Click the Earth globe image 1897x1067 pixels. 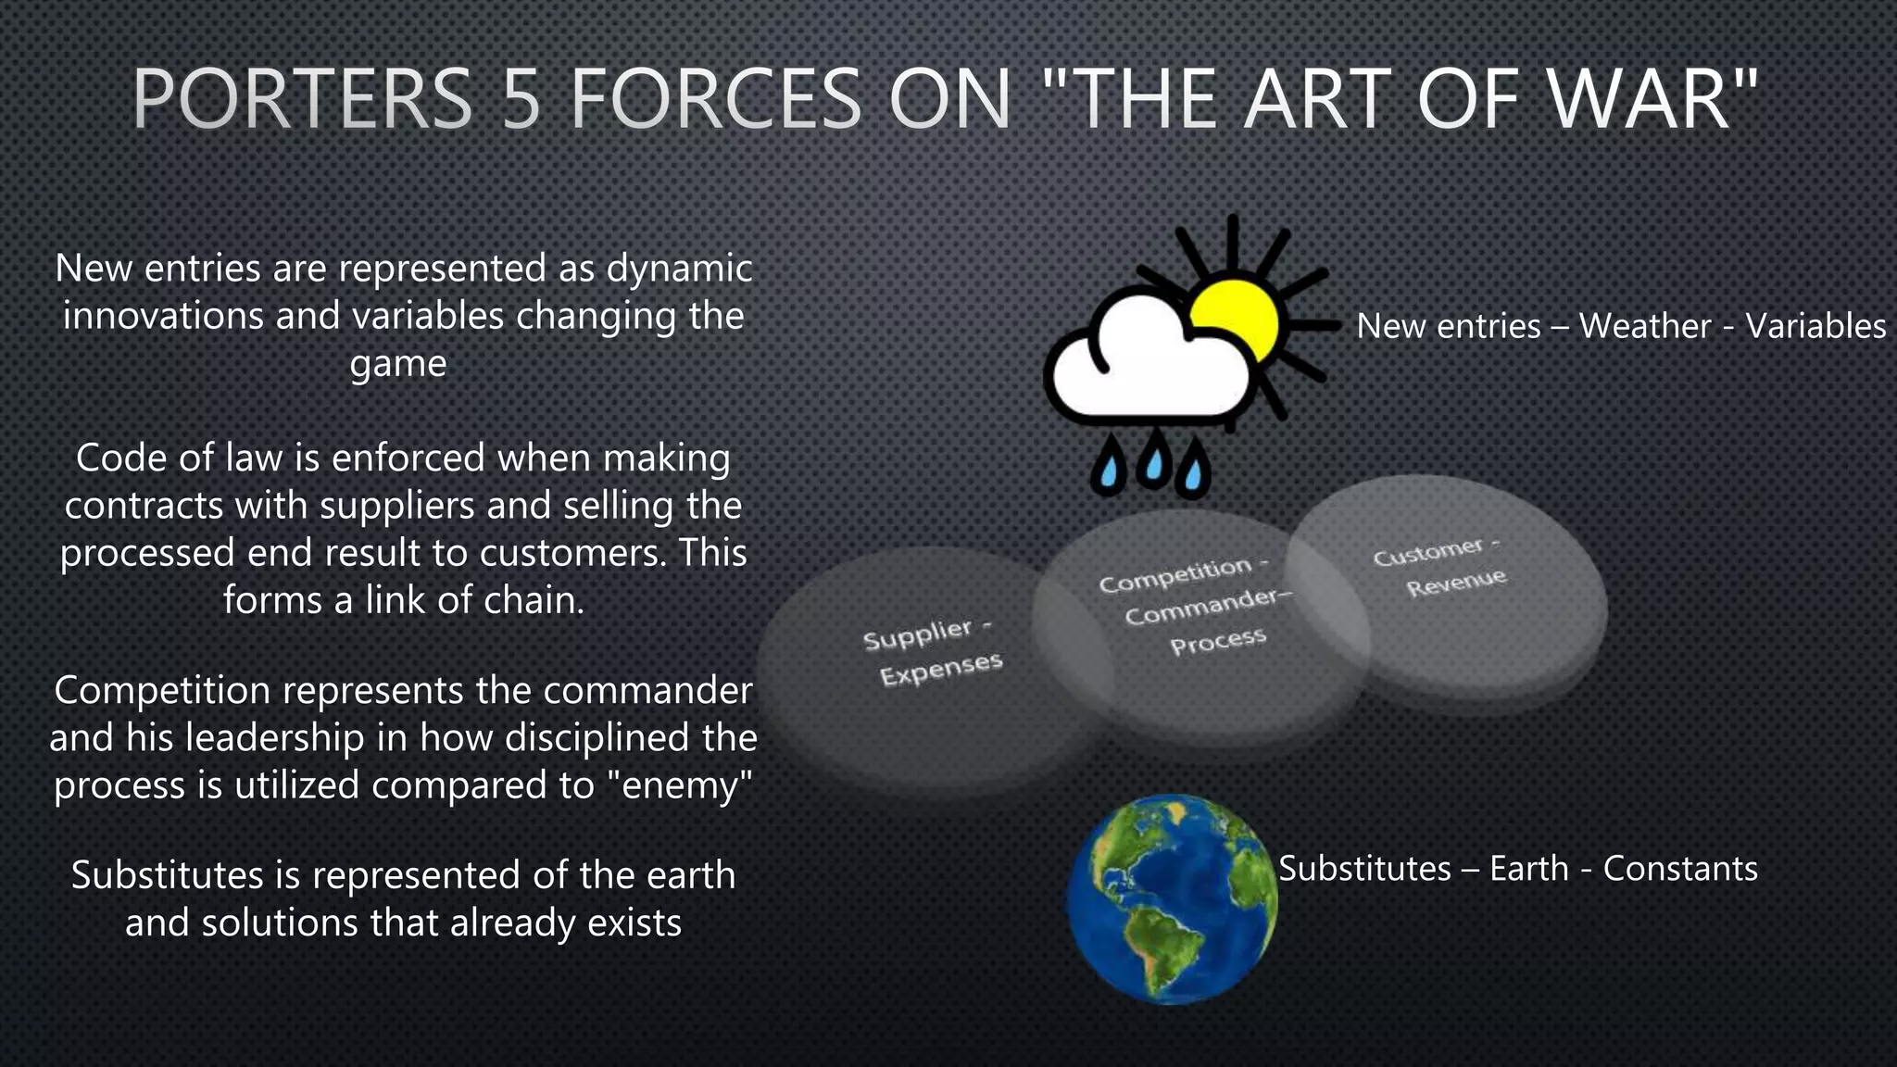coord(1172,899)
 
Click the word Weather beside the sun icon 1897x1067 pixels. coord(1644,326)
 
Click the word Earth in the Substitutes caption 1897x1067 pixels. coord(1528,869)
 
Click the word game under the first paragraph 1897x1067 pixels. coord(398,364)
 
